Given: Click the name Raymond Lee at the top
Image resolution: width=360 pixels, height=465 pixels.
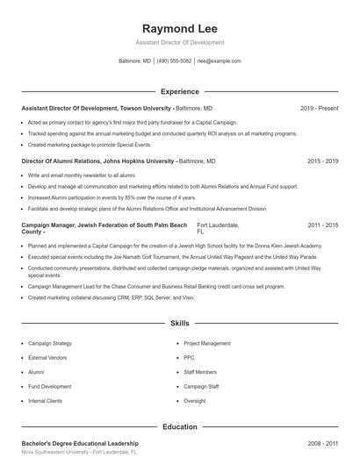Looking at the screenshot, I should (x=179, y=27).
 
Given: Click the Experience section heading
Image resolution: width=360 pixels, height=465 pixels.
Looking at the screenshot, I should (x=179, y=91).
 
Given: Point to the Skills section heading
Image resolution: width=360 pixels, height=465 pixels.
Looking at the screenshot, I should (x=179, y=324).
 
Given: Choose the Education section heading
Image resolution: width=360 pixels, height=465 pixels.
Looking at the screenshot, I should (x=179, y=427).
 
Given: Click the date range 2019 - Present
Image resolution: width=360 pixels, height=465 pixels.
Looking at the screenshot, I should (x=319, y=108).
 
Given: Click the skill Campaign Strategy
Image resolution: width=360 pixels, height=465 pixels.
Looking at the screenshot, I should (x=50, y=344).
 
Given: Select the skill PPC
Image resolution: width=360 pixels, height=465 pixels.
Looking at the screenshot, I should (x=190, y=358).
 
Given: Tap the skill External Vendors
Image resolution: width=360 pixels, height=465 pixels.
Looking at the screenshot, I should (x=49, y=358).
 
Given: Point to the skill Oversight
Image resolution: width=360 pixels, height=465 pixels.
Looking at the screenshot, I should (x=195, y=400).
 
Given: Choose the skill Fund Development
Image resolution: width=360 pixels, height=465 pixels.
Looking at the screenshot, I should (x=50, y=386).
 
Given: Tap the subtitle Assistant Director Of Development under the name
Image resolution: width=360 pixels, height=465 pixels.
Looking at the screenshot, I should (x=179, y=42).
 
